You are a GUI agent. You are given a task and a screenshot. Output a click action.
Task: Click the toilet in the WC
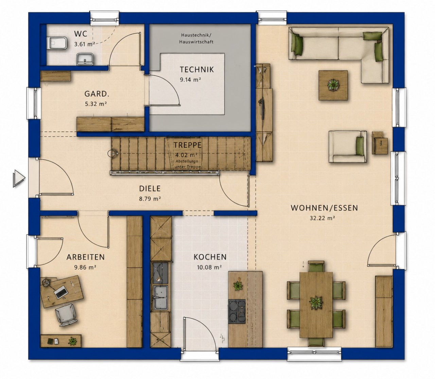[x=58, y=43]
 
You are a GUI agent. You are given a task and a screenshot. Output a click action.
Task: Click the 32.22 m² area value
[x=322, y=218]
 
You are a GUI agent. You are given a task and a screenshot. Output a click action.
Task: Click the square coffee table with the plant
[x=333, y=85]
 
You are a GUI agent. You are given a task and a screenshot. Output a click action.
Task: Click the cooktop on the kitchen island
[x=237, y=311]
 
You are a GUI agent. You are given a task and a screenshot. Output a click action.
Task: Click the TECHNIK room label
[x=197, y=69]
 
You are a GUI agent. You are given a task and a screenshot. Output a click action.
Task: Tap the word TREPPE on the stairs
[x=188, y=145]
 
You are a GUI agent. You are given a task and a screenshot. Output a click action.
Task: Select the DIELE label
[x=150, y=188]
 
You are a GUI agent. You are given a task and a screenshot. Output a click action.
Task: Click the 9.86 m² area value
[x=85, y=267]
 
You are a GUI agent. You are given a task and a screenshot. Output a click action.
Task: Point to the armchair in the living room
[x=348, y=147]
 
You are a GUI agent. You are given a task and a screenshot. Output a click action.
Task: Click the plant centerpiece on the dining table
[x=316, y=303]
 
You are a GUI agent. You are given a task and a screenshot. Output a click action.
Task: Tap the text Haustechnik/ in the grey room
[x=196, y=35]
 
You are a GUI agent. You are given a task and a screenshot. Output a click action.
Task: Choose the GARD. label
[x=97, y=94]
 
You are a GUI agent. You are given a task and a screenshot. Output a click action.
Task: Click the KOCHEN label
[x=210, y=257]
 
